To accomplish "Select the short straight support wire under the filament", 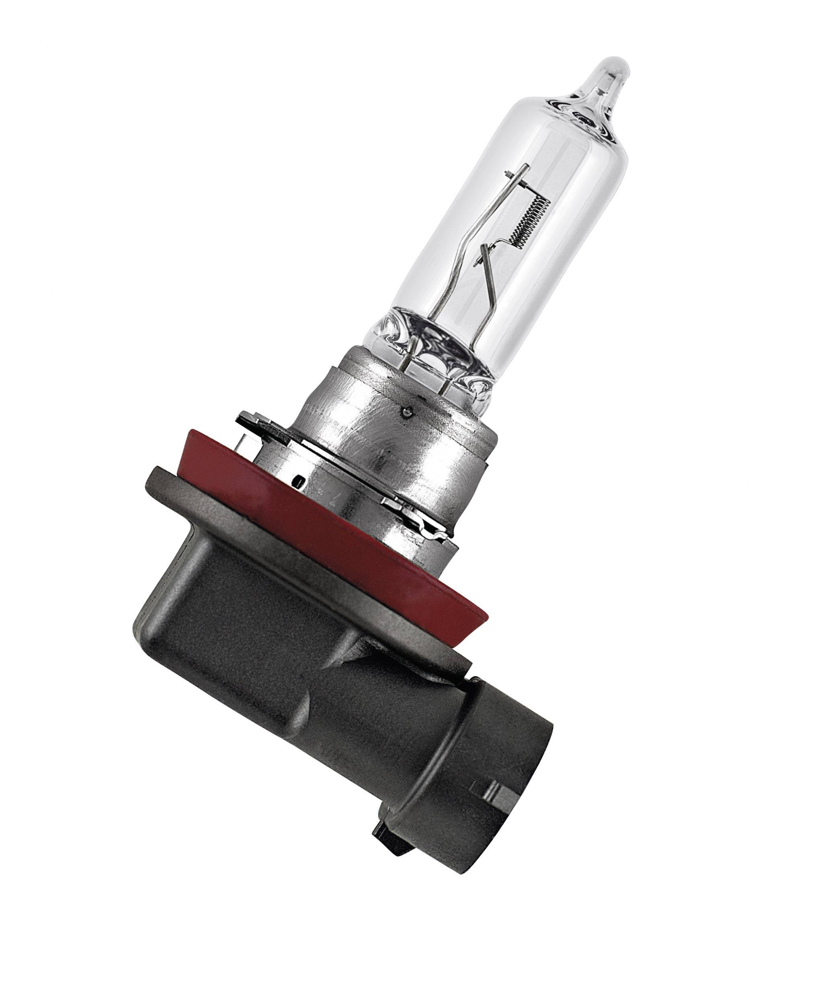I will coord(492,282).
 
